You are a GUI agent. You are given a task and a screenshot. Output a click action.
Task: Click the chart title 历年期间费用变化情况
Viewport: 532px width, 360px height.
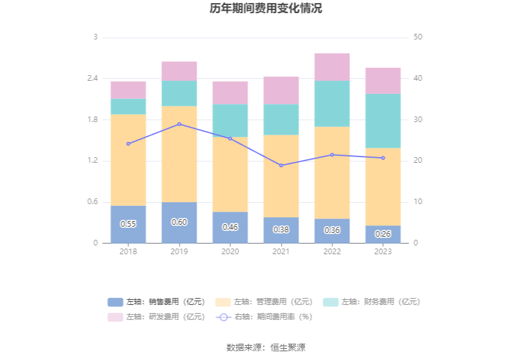tap(266, 9)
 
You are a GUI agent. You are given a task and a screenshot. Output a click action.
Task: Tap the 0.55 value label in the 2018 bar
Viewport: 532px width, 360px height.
tap(128, 224)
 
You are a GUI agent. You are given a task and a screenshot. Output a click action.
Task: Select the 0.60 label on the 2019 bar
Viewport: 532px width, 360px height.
tap(179, 222)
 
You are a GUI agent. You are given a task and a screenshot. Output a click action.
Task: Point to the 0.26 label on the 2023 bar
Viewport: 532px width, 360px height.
tap(383, 234)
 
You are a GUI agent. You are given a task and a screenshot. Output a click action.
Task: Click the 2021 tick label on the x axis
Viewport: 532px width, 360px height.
tap(281, 252)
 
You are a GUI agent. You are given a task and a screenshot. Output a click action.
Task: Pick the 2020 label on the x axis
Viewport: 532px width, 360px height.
tap(230, 252)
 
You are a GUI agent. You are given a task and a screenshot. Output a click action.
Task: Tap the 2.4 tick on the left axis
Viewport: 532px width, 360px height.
tap(91, 78)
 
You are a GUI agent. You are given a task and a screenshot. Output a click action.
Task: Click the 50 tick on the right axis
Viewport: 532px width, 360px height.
tap(418, 37)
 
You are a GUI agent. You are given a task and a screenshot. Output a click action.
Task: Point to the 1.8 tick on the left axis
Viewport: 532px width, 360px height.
tap(91, 120)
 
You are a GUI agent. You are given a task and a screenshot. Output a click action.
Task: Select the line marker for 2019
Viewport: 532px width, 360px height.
tap(179, 124)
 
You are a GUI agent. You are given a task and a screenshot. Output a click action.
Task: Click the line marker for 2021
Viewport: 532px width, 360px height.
tap(281, 165)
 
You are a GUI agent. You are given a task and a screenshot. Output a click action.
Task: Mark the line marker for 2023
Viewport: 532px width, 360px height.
tap(383, 158)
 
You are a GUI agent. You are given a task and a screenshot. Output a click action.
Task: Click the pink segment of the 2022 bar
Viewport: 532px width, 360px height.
tap(332, 67)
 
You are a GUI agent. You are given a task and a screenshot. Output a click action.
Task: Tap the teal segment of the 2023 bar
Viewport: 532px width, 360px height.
tap(383, 121)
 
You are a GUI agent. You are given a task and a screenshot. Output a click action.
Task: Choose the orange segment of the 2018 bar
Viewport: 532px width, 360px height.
tap(128, 160)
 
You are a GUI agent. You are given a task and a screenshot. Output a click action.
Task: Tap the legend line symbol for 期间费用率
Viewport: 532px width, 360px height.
tap(224, 317)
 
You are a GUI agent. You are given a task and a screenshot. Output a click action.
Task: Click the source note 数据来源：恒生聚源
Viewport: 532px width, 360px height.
tap(266, 347)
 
